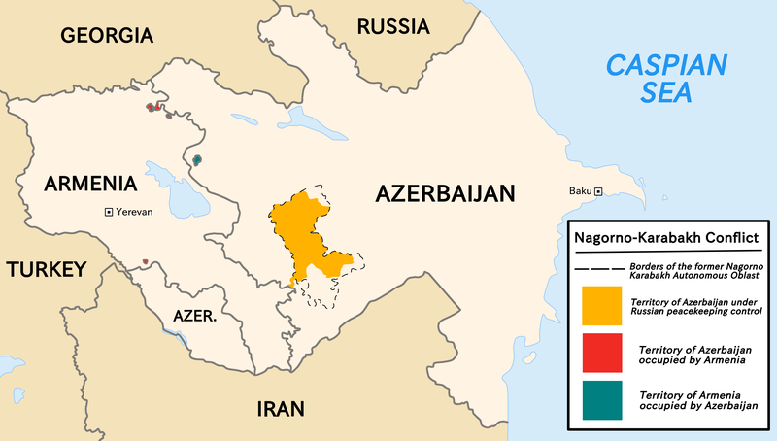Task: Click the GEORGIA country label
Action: [x=107, y=36]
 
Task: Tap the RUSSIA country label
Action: [x=393, y=26]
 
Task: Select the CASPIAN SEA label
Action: [x=666, y=79]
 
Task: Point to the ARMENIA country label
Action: [x=88, y=184]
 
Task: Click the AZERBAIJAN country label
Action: [x=445, y=194]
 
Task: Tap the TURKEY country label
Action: [x=47, y=270]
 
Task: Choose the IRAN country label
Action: [x=281, y=407]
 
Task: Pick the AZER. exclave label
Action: [x=194, y=317]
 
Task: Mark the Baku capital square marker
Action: [x=599, y=191]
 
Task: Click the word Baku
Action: [x=580, y=191]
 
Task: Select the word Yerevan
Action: [x=136, y=212]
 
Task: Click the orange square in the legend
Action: [x=601, y=305]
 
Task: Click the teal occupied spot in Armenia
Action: [x=197, y=159]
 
